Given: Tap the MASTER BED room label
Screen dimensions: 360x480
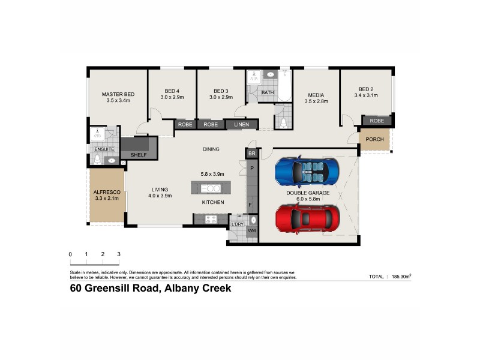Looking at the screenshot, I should (118, 98).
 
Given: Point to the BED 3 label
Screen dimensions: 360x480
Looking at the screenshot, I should (220, 94).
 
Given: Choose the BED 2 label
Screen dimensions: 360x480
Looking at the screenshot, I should (366, 92).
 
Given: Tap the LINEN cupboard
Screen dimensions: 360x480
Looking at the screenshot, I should (241, 125).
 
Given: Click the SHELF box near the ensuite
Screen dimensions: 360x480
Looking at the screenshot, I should (138, 155).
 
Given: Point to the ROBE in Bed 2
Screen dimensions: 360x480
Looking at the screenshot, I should (377, 121).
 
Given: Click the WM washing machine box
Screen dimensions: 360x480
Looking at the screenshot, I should (252, 231).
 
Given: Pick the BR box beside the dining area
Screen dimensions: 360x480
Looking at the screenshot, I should (251, 154).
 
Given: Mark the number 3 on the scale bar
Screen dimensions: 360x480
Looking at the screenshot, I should (119, 254).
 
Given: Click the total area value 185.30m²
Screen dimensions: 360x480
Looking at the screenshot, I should (400, 277).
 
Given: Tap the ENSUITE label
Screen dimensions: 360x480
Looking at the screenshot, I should (104, 149).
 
